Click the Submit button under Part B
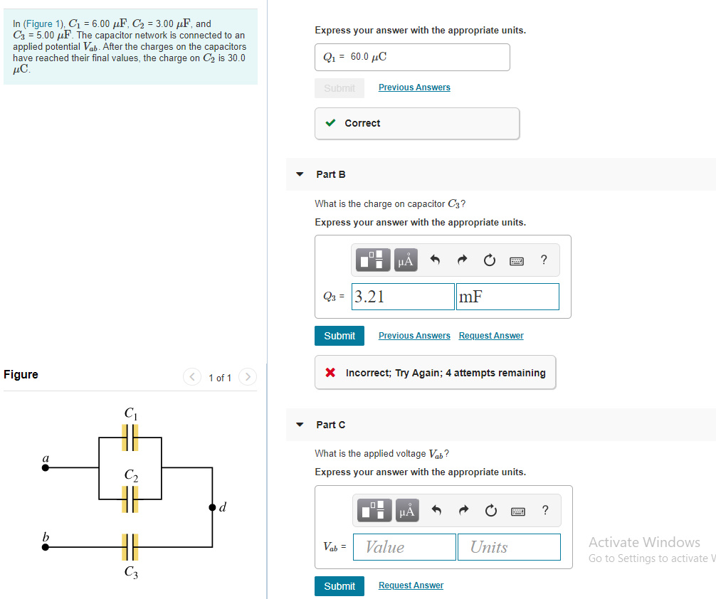[339, 336]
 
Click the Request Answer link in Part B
[490, 336]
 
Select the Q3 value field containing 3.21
[403, 297]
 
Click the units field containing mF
[507, 297]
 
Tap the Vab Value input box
[404, 547]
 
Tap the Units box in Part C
[508, 547]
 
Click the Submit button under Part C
[339, 586]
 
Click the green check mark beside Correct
[330, 123]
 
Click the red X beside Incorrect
[330, 373]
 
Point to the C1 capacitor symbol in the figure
[130, 438]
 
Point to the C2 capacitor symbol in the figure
[130, 499]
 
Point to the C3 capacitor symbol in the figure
[130, 547]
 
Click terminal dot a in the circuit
[46, 467]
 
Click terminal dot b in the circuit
[46, 547]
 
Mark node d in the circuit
[212, 507]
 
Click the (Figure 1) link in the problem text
[43, 24]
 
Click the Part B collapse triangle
[300, 174]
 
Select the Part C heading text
[331, 425]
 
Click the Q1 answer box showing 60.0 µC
[412, 57]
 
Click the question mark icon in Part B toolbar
[544, 260]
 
